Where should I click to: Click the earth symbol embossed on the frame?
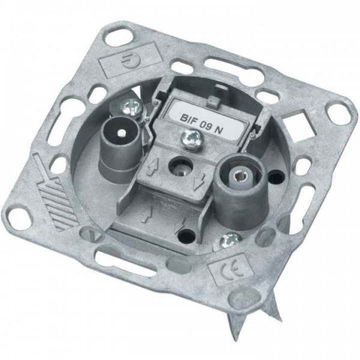[129, 61]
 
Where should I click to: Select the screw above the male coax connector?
[131, 107]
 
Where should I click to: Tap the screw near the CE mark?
[227, 242]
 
